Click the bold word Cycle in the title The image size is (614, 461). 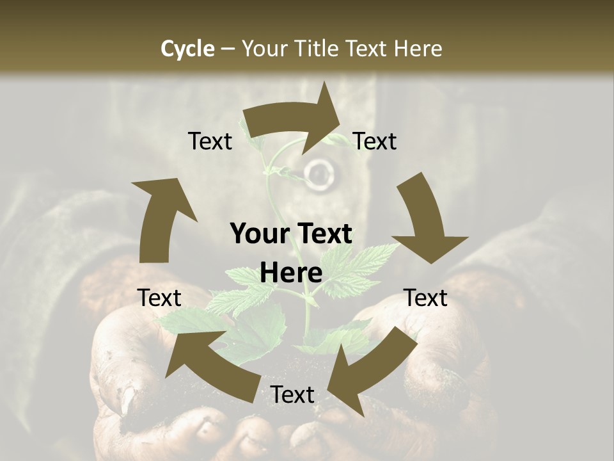pos(187,49)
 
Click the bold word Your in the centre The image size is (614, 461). pos(258,234)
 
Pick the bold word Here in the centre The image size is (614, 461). pos(291,273)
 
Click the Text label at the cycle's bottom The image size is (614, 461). pos(292,394)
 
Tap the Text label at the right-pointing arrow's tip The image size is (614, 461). pos(375,141)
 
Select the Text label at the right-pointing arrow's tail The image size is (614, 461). pos(210,141)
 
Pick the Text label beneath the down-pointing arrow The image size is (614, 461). pos(425,298)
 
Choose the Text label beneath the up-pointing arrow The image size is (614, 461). pos(159,298)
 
